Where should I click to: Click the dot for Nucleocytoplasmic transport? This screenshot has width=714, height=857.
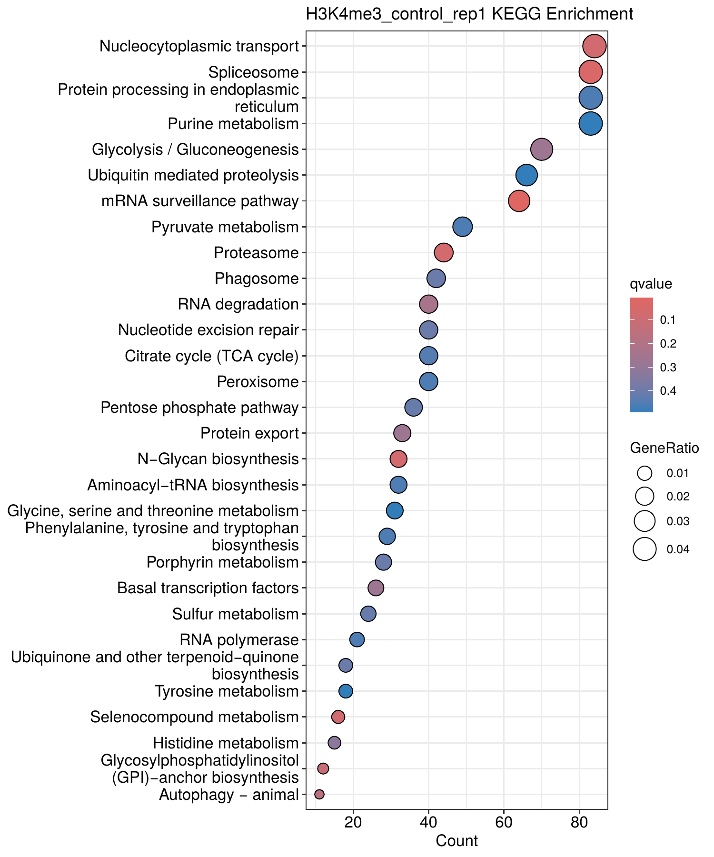click(x=594, y=46)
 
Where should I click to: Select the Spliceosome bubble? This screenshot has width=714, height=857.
click(x=590, y=72)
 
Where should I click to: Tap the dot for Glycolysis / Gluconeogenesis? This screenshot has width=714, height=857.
click(x=541, y=149)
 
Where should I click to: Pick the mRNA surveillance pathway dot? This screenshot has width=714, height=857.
click(x=519, y=201)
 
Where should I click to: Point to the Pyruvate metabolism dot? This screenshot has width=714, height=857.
click(x=462, y=227)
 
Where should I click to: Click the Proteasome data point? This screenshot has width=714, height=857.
click(x=444, y=253)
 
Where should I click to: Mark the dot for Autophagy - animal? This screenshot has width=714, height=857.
click(x=319, y=794)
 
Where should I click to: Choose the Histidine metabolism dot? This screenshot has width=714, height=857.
click(x=334, y=743)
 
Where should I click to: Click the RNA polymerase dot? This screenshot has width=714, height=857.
click(x=357, y=639)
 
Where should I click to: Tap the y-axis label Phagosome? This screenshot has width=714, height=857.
click(x=257, y=279)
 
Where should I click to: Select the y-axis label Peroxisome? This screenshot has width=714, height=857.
click(x=258, y=382)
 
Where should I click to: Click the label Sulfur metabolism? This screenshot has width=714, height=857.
click(x=235, y=614)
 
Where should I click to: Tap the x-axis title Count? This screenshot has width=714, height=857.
click(x=456, y=841)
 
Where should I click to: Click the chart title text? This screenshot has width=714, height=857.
click(x=469, y=14)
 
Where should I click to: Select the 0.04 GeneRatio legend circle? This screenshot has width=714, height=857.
click(x=645, y=549)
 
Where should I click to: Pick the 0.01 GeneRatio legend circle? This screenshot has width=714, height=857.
click(x=645, y=473)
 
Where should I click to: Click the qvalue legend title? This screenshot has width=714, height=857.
click(x=651, y=285)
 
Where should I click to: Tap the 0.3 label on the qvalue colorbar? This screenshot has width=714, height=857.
click(x=668, y=368)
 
